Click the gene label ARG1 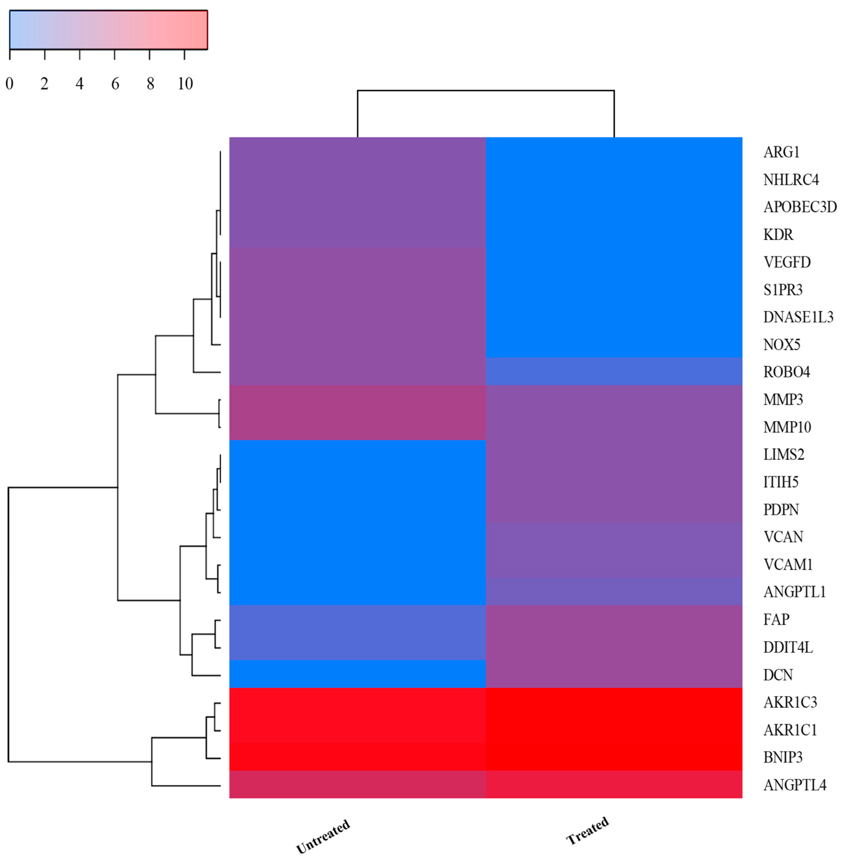click(781, 152)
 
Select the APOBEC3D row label click(800, 207)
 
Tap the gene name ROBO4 click(787, 372)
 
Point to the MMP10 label click(787, 427)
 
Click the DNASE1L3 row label click(798, 317)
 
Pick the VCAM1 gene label click(788, 564)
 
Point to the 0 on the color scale click(9, 84)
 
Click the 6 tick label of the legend click(115, 84)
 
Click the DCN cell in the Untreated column click(357, 674)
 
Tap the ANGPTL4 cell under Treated click(614, 784)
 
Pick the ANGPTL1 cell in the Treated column click(614, 591)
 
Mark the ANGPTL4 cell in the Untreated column click(357, 784)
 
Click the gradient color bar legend click(108, 30)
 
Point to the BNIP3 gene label click(783, 757)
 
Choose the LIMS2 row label click(784, 454)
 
